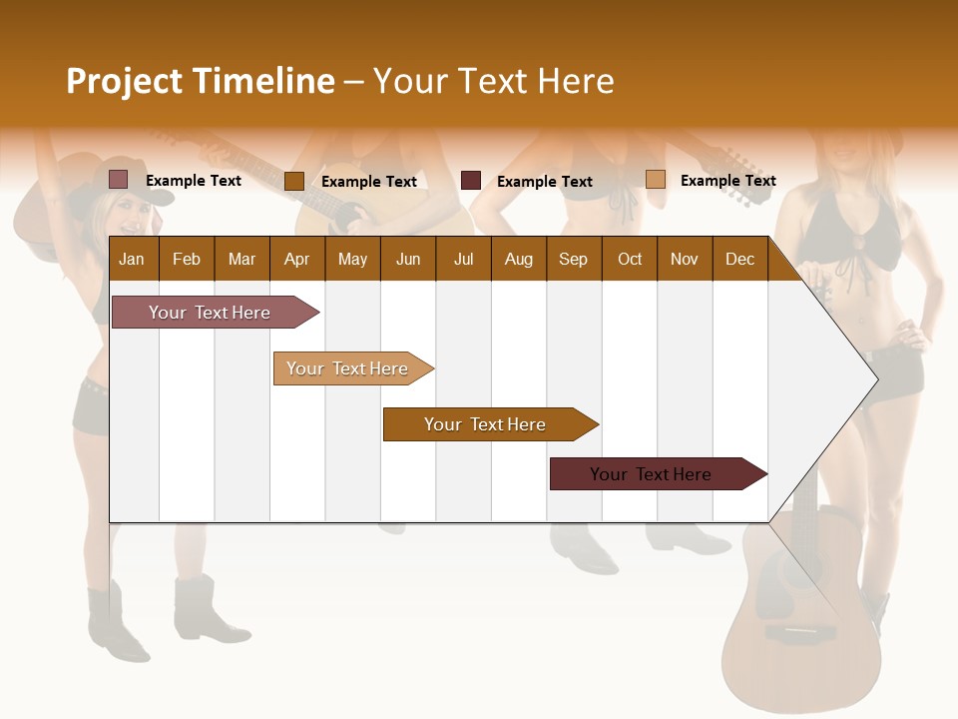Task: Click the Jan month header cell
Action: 132,259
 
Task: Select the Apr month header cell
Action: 296,259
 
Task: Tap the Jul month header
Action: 463,259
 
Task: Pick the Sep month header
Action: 573,259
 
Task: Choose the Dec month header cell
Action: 739,259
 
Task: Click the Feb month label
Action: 187,259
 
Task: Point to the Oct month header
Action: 630,259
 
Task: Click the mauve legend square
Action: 118,180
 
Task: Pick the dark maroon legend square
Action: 471,181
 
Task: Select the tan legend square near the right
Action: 655,180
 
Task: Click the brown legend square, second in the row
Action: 293,181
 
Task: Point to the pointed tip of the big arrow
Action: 875,378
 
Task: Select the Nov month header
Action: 685,259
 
